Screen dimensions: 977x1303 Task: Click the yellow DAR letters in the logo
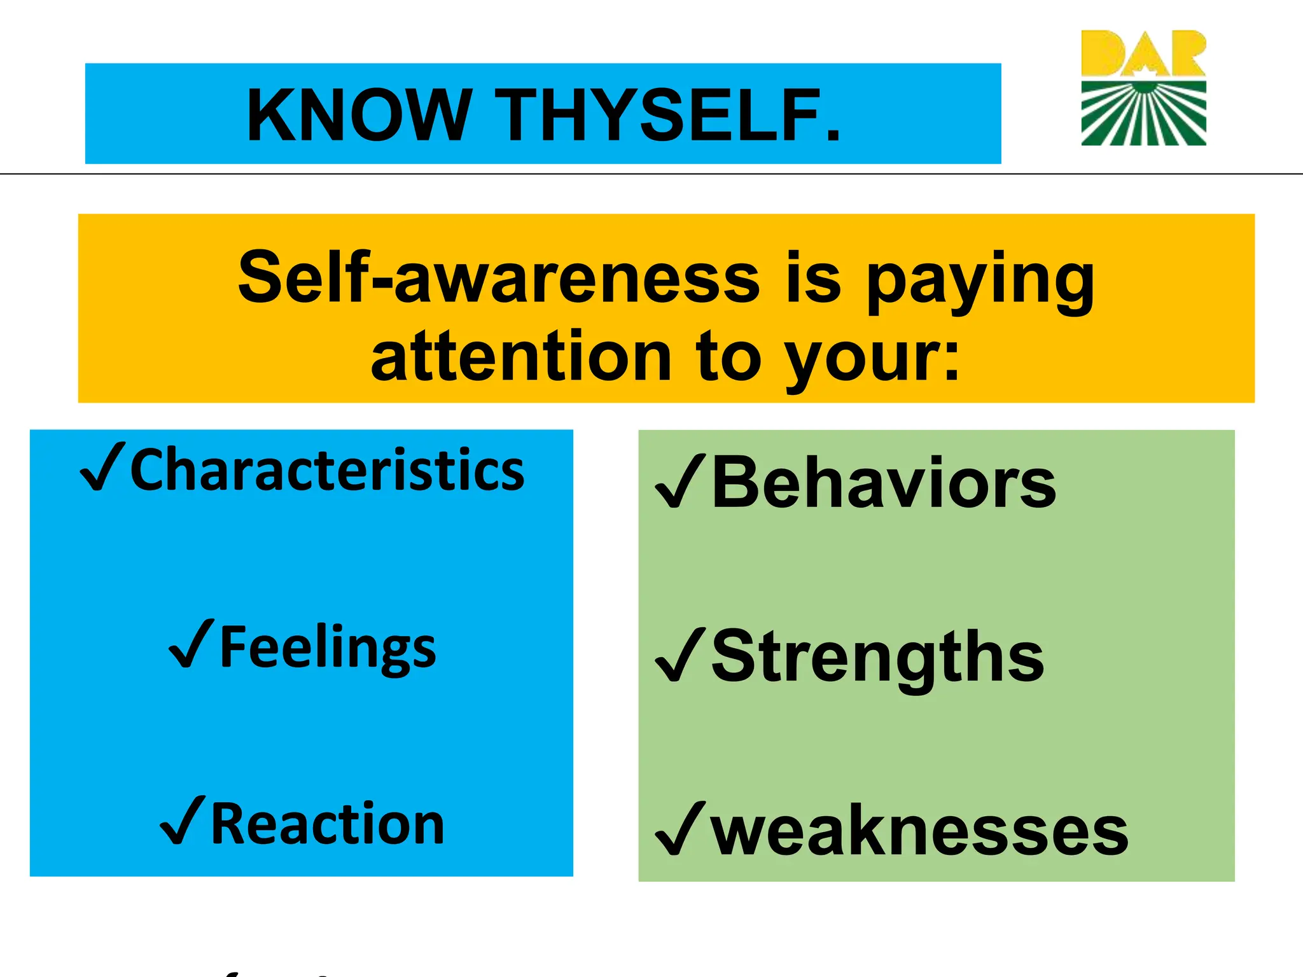click(x=1143, y=53)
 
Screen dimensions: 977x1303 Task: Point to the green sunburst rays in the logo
click(x=1143, y=114)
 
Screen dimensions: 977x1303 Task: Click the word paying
click(x=980, y=280)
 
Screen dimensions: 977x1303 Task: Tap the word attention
click(x=522, y=357)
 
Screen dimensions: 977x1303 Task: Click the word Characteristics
click(x=327, y=471)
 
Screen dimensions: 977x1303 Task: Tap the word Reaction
click(x=327, y=824)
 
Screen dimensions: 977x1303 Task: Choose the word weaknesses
click(x=919, y=831)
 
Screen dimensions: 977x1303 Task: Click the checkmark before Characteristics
click(x=102, y=469)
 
